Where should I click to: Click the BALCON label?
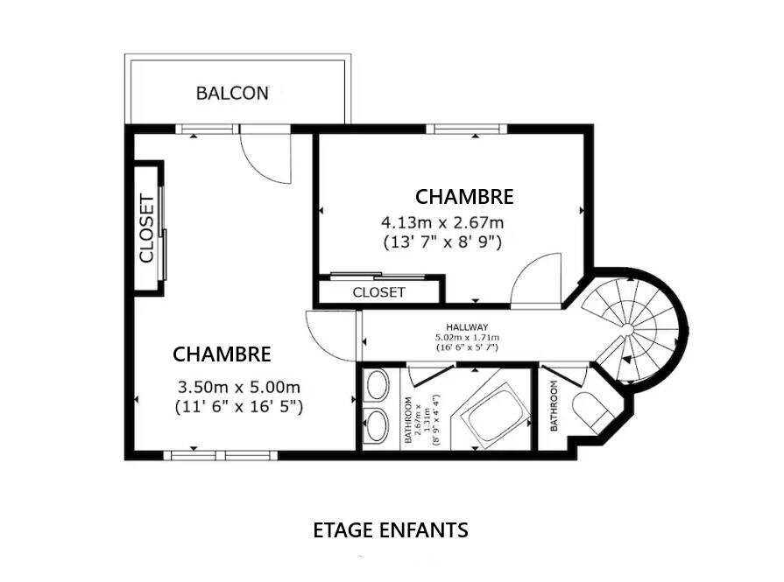tap(232, 93)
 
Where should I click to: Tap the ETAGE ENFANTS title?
tap(391, 530)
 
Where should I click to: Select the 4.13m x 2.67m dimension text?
tap(441, 222)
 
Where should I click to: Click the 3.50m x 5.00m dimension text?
tap(239, 387)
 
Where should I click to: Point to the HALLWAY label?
tap(467, 326)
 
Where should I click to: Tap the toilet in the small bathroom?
tap(592, 412)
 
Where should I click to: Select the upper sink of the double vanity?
tap(378, 386)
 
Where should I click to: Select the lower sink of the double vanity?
tap(378, 427)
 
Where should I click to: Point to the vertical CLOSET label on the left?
tap(147, 228)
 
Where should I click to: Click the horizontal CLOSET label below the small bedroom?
tap(378, 291)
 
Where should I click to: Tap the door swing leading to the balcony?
tap(267, 158)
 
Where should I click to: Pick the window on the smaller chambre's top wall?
tap(466, 130)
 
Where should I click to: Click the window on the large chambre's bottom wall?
tap(220, 455)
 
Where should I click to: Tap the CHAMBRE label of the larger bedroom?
tap(222, 354)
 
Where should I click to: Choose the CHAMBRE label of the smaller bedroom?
tap(464, 196)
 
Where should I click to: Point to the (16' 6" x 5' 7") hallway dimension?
tap(467, 347)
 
